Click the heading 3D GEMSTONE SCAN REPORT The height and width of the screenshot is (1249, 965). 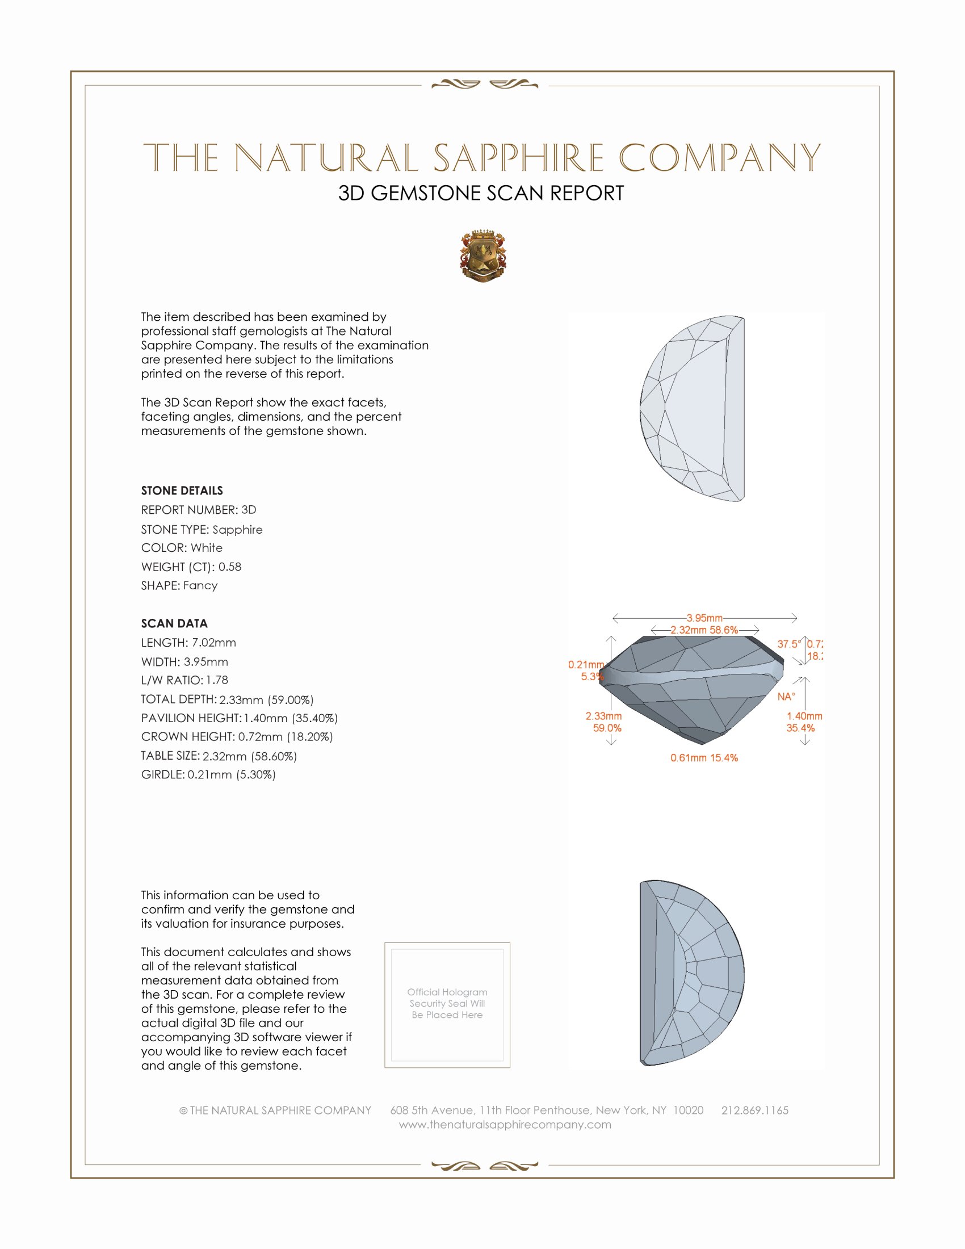[x=481, y=193]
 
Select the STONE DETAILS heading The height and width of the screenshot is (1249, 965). [x=182, y=491]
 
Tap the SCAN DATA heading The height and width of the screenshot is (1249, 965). [x=174, y=623]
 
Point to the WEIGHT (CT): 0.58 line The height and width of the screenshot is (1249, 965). [x=191, y=567]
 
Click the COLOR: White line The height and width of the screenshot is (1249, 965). [x=182, y=548]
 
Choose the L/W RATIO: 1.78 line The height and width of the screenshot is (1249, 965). [x=184, y=680]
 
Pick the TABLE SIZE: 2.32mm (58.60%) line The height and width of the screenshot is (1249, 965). [x=219, y=756]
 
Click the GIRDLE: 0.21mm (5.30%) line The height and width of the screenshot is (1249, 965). [x=208, y=775]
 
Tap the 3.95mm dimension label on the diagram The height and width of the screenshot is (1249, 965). [x=704, y=618]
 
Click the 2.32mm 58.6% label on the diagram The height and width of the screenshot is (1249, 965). [x=704, y=630]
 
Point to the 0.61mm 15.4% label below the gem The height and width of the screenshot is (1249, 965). [x=704, y=758]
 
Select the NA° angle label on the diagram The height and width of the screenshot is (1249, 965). [x=786, y=697]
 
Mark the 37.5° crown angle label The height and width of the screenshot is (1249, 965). [x=788, y=644]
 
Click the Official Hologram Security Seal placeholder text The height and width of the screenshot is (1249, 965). [x=447, y=1004]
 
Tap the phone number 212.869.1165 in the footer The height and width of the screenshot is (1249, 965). [x=754, y=1110]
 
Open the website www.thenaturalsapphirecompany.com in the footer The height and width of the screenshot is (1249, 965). [x=505, y=1125]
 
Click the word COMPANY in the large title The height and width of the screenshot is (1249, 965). [x=720, y=158]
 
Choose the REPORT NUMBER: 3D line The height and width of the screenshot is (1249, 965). [x=198, y=510]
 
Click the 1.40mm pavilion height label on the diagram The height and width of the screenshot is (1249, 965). [x=804, y=716]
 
